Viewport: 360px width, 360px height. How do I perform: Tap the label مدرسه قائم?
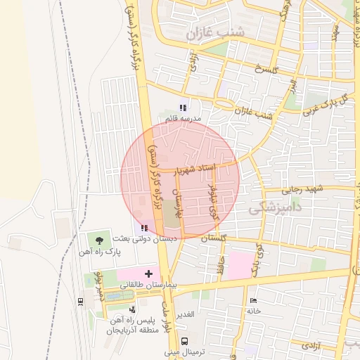click(183, 119)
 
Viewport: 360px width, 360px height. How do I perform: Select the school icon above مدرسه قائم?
click(183, 108)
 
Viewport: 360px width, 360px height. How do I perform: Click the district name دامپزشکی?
click(276, 207)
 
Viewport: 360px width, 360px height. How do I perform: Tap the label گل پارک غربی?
click(325, 103)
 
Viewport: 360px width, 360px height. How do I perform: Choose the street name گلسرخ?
click(266, 70)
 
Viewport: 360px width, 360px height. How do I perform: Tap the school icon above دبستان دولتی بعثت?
click(144, 228)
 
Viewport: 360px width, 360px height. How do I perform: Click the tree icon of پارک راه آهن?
click(108, 240)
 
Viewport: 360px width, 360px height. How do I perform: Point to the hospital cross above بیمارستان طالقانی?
click(148, 273)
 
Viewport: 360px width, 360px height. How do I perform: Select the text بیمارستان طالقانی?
click(148, 285)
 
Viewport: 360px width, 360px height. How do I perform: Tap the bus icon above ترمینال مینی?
click(184, 340)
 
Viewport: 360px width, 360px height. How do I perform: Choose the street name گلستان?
click(214, 239)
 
